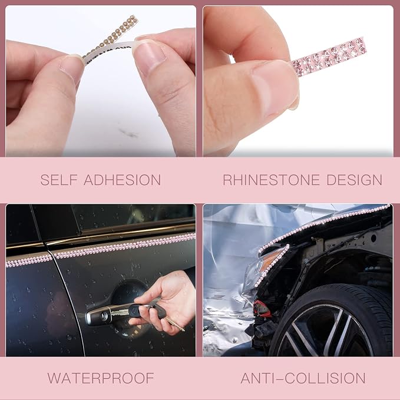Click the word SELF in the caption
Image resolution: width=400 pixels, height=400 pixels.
click(59, 180)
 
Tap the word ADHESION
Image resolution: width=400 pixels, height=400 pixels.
click(122, 180)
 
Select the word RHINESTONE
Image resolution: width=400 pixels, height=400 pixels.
click(272, 180)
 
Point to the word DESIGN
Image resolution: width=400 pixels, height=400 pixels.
click(354, 180)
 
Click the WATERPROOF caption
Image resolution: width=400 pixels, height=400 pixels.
click(101, 378)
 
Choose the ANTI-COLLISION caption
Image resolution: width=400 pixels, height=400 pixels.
click(303, 378)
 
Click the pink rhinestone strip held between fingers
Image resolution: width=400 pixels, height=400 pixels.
click(329, 57)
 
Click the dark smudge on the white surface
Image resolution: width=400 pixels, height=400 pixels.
click(128, 133)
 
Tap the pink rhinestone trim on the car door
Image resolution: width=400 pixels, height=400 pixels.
click(101, 249)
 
